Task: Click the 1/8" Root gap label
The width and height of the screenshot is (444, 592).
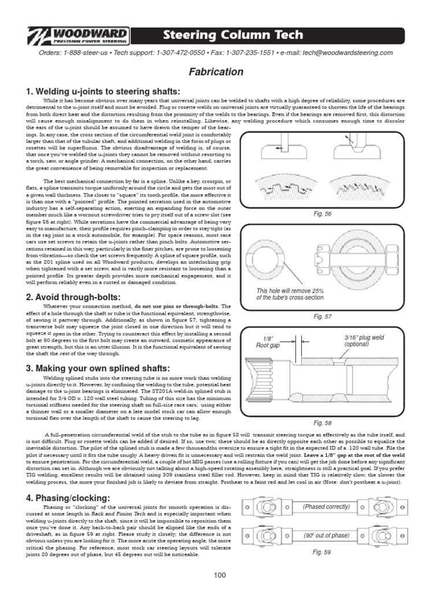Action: coord(268,342)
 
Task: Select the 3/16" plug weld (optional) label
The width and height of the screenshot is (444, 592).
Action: coord(364,341)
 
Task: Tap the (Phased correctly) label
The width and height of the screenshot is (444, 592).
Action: coord(327,506)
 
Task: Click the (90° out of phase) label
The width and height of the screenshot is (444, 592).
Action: coord(327,535)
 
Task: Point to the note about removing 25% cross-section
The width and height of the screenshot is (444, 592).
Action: coord(290,294)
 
